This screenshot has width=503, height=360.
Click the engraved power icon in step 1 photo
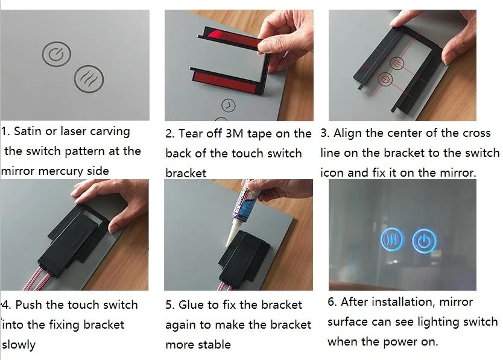pos(57,54)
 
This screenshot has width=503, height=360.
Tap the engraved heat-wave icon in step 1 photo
pos(89,79)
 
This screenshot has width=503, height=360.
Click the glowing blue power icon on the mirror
pos(424,241)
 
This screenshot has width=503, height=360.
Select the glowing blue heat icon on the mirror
pos(392,239)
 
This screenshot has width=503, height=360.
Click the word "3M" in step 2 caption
pos(235,133)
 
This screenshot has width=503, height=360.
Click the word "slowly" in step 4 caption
pos(19,345)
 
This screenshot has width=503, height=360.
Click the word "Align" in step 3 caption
pos(346,133)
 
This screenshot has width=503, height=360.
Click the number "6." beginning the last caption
pos(332,302)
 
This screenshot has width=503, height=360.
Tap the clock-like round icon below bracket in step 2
pos(229,106)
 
